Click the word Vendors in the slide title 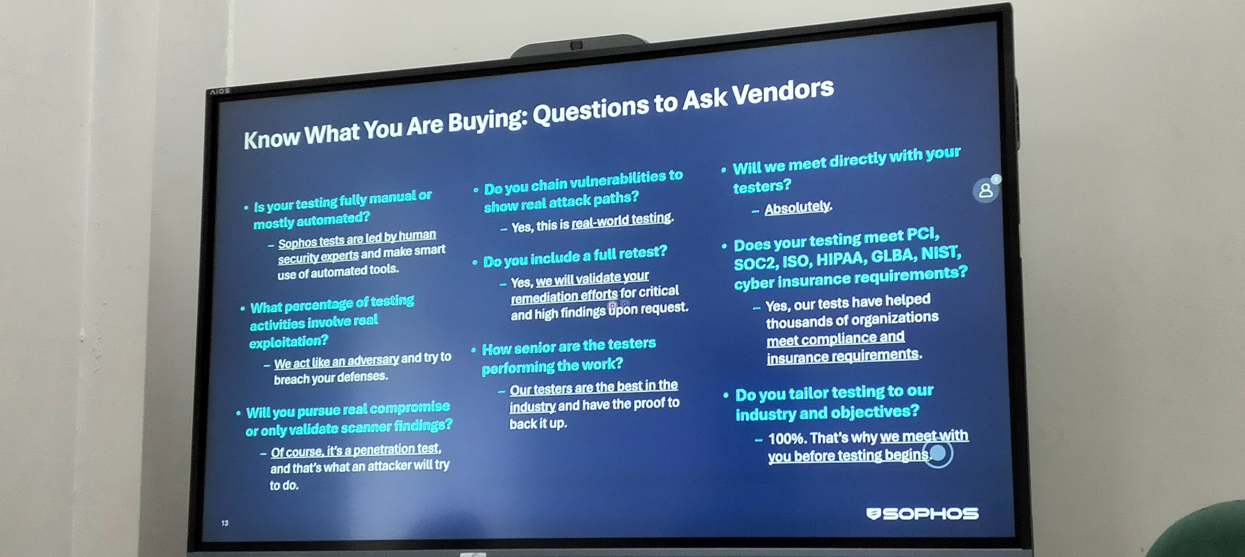point(783,92)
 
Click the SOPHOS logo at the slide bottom point(922,514)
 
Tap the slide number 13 point(225,523)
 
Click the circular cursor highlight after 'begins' point(938,453)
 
